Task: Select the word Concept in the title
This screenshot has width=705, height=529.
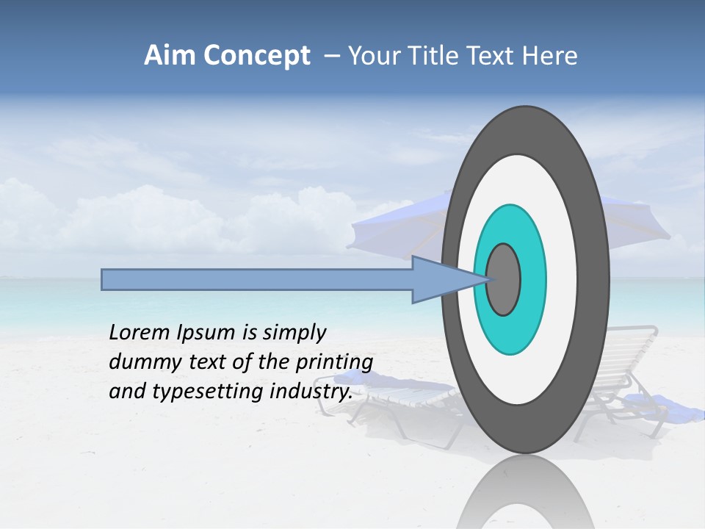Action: pyautogui.click(x=257, y=57)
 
